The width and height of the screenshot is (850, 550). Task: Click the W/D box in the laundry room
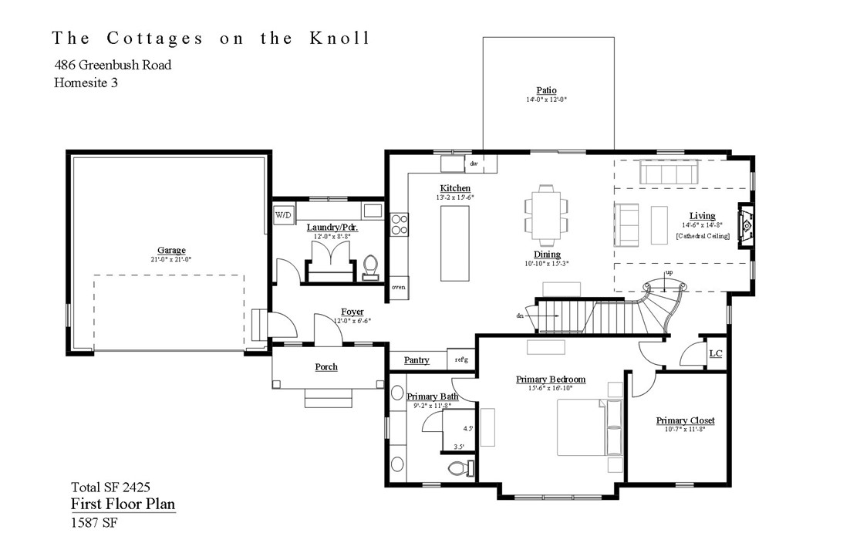point(283,215)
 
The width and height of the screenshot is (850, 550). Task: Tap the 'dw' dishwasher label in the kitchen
point(474,164)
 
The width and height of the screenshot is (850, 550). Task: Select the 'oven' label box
point(399,287)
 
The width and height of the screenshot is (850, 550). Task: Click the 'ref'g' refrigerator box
point(461,359)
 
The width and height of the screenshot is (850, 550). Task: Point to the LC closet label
point(715,353)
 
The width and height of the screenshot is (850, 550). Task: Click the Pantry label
point(417,360)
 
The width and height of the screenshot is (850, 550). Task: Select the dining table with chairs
point(546,211)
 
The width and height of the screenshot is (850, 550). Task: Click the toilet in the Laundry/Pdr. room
point(371,266)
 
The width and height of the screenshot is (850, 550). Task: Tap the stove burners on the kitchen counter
point(400,224)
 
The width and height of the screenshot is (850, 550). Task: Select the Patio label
point(548,90)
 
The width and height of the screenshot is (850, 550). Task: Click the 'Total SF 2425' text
point(110,487)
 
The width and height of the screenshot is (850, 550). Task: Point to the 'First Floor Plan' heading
point(123,504)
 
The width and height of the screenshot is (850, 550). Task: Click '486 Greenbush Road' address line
point(113,65)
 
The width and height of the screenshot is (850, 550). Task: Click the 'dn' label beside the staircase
point(521,315)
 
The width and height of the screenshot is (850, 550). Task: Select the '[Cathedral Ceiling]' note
point(703,235)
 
